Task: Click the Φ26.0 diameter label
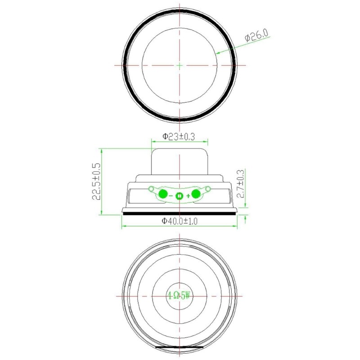(x=257, y=36)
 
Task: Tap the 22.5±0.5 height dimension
(x=96, y=182)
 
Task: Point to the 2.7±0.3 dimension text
(x=240, y=184)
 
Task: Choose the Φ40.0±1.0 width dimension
(x=180, y=221)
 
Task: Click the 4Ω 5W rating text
(x=180, y=296)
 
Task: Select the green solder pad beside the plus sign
(x=196, y=194)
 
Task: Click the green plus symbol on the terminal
(x=188, y=196)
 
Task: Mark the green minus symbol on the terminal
(x=171, y=196)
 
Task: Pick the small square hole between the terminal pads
(x=179, y=196)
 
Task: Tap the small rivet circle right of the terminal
(x=208, y=188)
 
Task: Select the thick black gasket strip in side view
(x=180, y=214)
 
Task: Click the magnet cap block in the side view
(x=180, y=162)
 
